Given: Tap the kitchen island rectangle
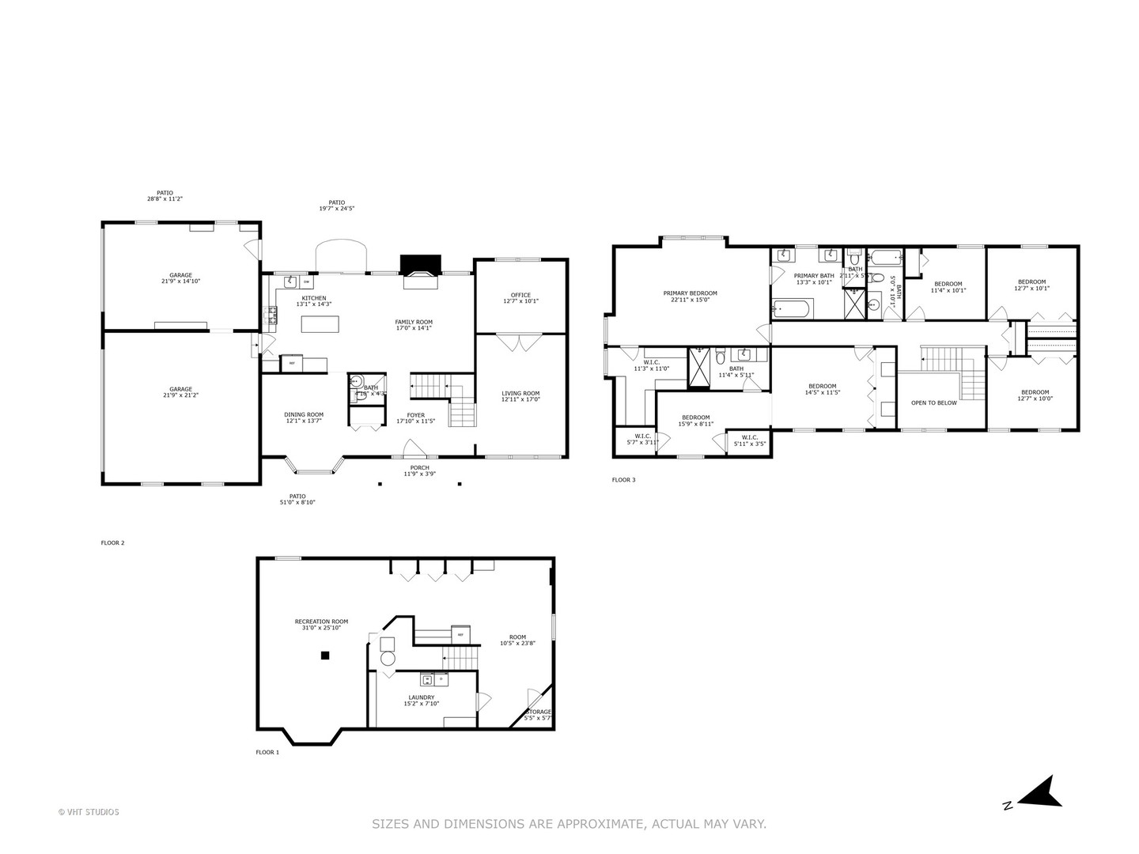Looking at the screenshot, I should [320, 324].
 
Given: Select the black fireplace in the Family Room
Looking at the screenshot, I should [420, 264].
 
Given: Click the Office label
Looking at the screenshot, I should [520, 298].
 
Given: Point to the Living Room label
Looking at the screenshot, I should [520, 396].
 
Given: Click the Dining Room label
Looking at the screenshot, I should [304, 418].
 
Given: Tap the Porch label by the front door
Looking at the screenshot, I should [419, 470].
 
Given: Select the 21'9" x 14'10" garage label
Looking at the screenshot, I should [180, 278].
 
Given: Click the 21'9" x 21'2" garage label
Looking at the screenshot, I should [180, 391].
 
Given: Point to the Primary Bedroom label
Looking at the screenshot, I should [690, 296].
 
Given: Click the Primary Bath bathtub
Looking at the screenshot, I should [790, 308].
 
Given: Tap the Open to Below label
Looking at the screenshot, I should [933, 402].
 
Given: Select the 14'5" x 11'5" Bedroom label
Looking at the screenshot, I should [822, 389].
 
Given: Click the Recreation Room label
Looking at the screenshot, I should [321, 625].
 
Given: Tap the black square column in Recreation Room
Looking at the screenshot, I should [324, 655].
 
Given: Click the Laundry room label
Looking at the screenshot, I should [421, 700].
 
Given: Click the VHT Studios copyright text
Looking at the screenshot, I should [89, 811].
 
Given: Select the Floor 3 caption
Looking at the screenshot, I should [623, 480].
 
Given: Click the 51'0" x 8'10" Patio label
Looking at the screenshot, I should [297, 499].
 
